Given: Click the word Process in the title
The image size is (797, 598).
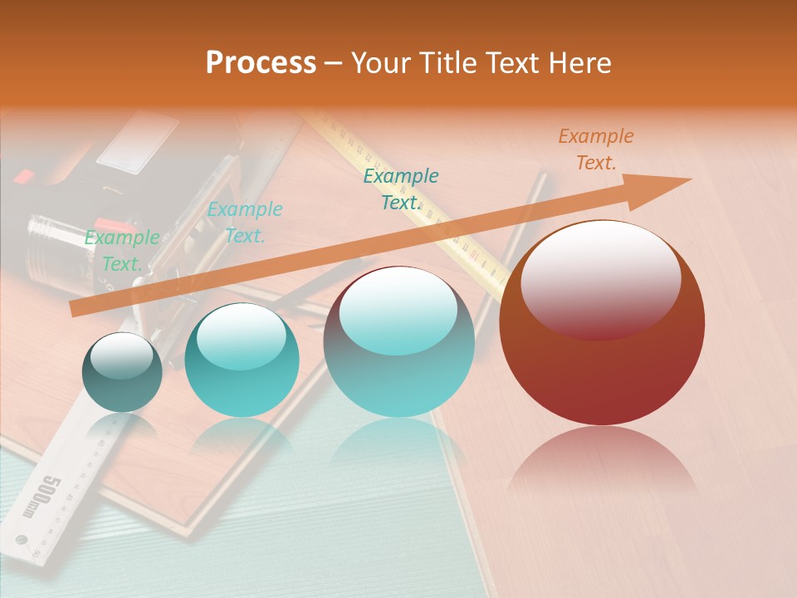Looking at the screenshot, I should (x=261, y=63).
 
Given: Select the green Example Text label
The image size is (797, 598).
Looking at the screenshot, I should (x=122, y=251).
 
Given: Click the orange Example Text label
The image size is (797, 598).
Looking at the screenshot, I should (x=595, y=149).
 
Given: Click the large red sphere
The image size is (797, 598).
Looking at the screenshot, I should (x=602, y=365).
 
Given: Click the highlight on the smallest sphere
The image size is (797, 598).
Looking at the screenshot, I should (x=121, y=355).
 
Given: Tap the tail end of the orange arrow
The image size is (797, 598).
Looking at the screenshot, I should (x=76, y=309).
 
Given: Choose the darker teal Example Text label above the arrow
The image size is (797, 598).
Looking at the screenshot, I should (x=401, y=189).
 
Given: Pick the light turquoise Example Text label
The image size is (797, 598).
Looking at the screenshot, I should (x=244, y=223).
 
